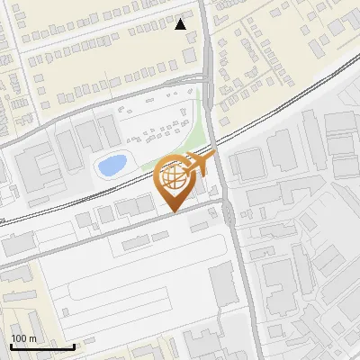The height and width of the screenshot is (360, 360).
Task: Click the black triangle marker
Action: (x=181, y=24)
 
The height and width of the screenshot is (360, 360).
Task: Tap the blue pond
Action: (x=111, y=166)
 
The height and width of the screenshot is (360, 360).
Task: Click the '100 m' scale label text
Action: (x=24, y=338)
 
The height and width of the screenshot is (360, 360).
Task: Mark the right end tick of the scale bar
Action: (x=74, y=346)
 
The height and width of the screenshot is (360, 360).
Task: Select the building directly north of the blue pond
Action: (x=90, y=135)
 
